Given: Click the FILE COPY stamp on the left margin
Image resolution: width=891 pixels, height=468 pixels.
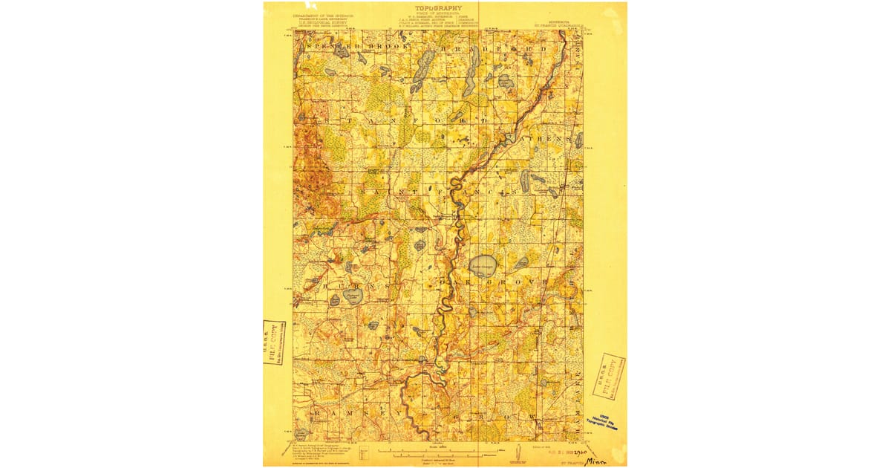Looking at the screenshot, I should (x=274, y=342).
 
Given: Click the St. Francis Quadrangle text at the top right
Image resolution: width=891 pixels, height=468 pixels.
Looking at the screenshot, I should (x=561, y=25).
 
